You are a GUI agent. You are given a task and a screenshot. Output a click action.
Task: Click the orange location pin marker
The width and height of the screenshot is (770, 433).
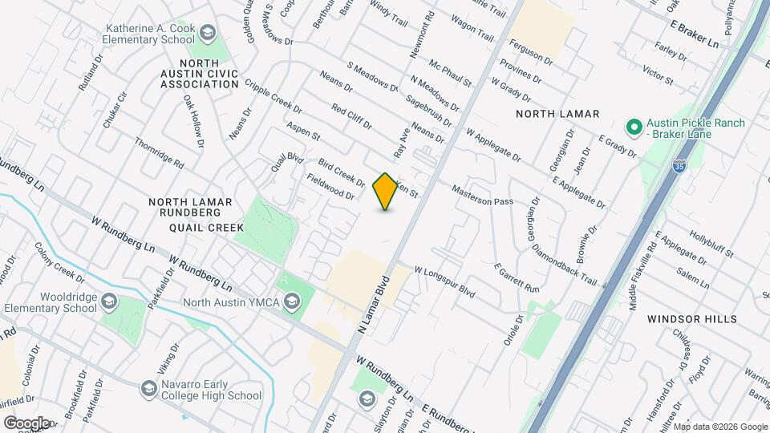(386, 191)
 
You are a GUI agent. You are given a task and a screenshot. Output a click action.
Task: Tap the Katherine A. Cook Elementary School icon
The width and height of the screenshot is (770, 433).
(209, 33)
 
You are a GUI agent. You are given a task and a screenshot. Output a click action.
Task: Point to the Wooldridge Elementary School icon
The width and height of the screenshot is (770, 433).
(110, 301)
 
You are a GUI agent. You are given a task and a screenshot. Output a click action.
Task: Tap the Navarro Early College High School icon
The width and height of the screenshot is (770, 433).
(148, 388)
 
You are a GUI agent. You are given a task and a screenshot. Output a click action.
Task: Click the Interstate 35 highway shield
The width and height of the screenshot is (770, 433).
(679, 167)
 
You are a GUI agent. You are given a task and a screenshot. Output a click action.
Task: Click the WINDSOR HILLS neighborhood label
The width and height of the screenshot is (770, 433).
(692, 319)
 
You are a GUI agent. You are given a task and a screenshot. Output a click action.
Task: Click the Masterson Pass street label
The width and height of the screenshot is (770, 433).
(482, 196)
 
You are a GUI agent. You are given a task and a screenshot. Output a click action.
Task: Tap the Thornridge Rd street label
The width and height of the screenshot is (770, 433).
(160, 154)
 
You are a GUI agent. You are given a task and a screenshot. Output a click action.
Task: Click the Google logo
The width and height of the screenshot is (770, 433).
(26, 423)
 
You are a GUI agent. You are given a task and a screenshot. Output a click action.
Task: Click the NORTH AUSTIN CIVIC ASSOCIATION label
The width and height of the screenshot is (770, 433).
(198, 73)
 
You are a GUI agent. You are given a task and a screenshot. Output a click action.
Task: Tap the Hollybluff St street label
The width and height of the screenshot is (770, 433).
(708, 245)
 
